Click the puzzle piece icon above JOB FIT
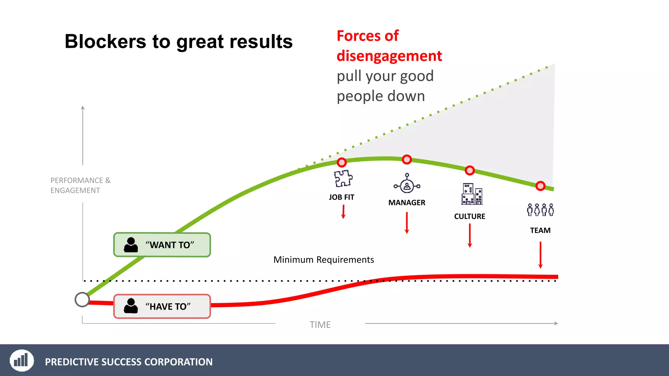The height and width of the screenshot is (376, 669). [343, 178]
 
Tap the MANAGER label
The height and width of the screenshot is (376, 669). [407, 203]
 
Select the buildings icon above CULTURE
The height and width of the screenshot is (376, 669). [471, 194]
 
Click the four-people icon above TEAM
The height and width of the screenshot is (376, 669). [540, 210]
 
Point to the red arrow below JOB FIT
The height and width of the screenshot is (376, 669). [343, 212]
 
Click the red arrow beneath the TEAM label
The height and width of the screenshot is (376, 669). [540, 255]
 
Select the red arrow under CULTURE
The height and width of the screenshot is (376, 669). [470, 235]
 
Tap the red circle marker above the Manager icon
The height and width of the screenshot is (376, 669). [407, 160]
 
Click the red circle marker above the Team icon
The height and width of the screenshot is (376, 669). [540, 186]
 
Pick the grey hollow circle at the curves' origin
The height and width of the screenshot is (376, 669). [82, 300]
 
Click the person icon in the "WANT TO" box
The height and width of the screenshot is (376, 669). [131, 245]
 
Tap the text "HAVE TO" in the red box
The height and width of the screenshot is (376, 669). [168, 306]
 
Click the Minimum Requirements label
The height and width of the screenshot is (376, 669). [323, 260]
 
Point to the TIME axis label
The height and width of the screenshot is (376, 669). [320, 325]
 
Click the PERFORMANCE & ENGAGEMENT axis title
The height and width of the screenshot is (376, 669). [80, 185]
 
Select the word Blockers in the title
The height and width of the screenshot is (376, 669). [106, 42]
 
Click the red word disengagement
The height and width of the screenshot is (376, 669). [389, 56]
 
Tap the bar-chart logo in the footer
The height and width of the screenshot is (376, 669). [22, 360]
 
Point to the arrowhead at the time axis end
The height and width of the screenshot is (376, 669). [556, 323]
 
